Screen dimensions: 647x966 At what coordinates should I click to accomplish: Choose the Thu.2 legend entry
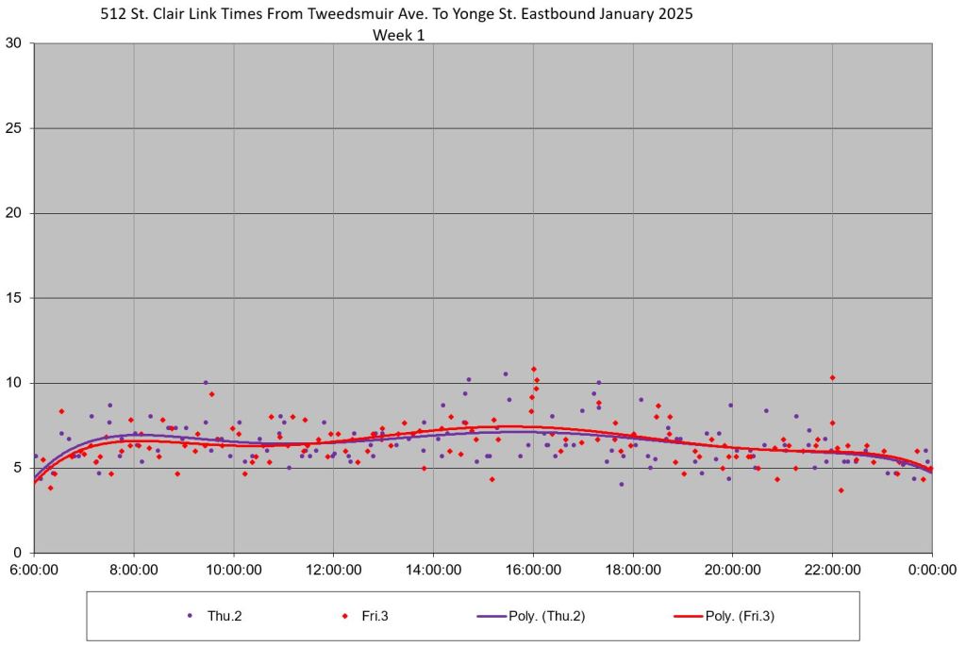pyautogui.click(x=225, y=616)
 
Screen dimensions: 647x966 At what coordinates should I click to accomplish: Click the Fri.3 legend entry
pyautogui.click(x=374, y=616)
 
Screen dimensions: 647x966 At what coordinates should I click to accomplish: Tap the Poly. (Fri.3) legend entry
pyautogui.click(x=741, y=616)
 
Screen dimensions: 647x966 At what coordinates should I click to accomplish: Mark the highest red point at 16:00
pyautogui.click(x=534, y=369)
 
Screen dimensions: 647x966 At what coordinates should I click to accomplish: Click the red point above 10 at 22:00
pyautogui.click(x=832, y=377)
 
